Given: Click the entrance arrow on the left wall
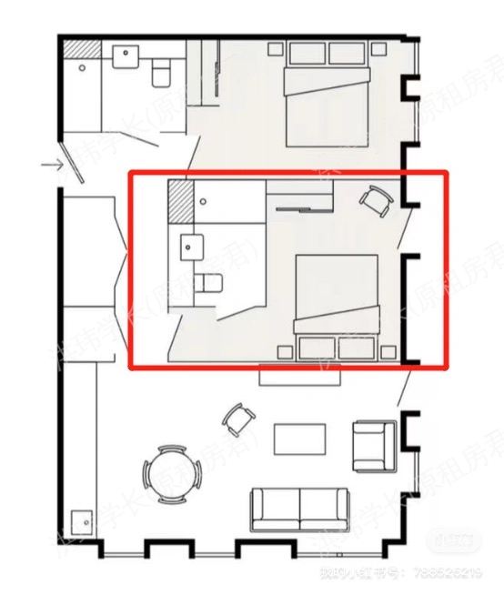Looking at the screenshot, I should [51, 165].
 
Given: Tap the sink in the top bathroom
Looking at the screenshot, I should [126, 57].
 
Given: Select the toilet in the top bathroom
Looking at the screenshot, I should [162, 69].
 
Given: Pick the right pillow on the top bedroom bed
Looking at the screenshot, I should [347, 54].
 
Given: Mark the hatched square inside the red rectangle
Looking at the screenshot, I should [181, 199].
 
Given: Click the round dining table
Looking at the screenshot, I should [169, 473].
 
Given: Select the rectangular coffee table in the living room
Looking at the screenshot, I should [300, 439].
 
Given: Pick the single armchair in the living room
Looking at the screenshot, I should [373, 445].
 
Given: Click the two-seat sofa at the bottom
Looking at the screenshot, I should [299, 509].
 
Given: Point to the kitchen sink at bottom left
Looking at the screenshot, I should [84, 522].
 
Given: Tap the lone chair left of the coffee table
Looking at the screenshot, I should [239, 419].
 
